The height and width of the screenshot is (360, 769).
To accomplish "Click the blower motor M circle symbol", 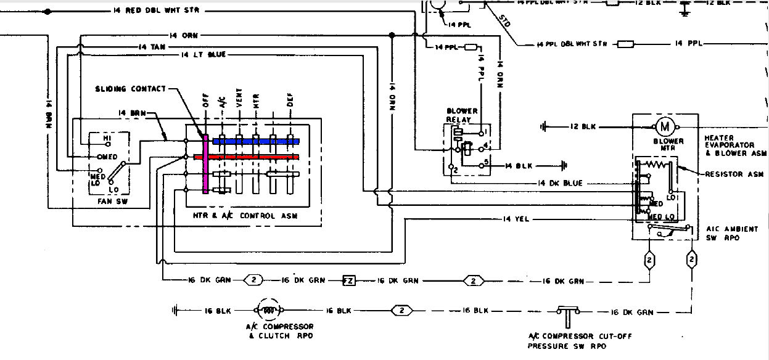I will point(665,126).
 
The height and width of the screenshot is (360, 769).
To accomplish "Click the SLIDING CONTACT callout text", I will point(130,89).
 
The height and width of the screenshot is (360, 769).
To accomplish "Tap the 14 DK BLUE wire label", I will point(559,183).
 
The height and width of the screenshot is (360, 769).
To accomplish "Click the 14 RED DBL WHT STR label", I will point(158,11).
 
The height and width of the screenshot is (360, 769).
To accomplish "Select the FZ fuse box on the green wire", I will point(349,280).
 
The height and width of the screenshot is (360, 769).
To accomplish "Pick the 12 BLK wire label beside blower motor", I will point(583,126).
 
